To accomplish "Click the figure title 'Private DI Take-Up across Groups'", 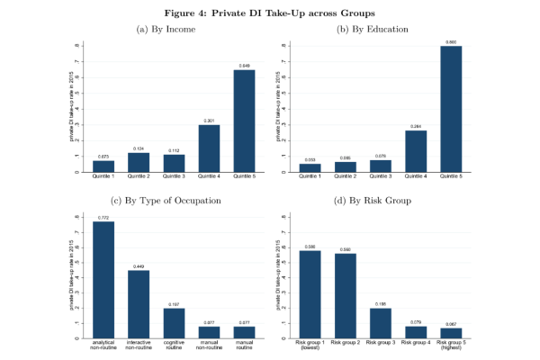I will pos(269,13).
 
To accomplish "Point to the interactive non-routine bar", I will pos(138,290).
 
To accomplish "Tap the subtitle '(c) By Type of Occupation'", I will pos(166,199).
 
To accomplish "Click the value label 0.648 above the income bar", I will pos(245,66).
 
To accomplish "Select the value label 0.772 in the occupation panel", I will pos(103,217).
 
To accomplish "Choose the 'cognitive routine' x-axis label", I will pos(174,345).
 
